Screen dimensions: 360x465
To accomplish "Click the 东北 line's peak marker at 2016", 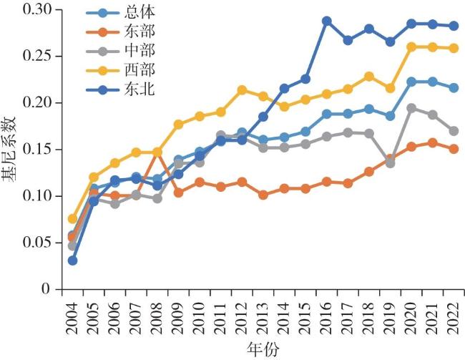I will click(x=327, y=21).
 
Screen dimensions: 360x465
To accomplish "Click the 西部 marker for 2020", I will click(x=411, y=47).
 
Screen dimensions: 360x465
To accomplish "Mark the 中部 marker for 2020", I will click(x=411, y=109).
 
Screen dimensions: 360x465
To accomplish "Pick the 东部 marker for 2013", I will click(x=264, y=195).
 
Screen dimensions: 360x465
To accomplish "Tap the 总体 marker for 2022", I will click(x=452, y=88).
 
